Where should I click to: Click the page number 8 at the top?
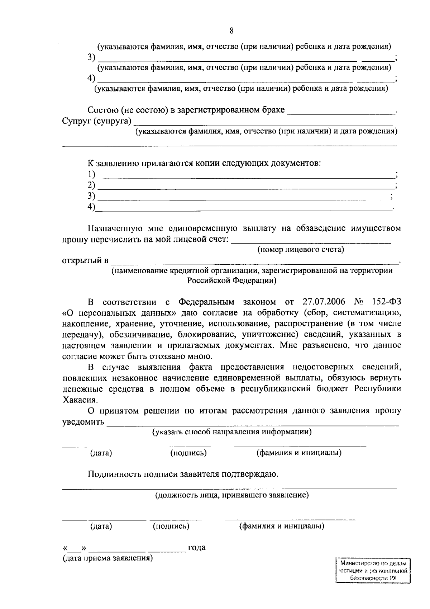pyautogui.click(x=231, y=31)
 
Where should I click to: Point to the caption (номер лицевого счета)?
pyautogui.click(x=301, y=250)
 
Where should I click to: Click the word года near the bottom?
pyautogui.click(x=197, y=548)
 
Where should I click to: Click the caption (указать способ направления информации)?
pyautogui.click(x=232, y=432)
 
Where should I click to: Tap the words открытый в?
pyautogui.click(x=85, y=260)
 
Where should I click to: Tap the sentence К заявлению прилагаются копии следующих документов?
pyautogui.click(x=204, y=164)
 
